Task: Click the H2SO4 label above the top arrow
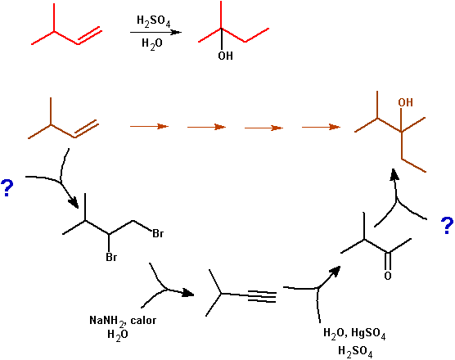click(154, 21)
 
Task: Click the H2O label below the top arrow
click(151, 44)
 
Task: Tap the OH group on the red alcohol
click(226, 56)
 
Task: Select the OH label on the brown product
click(405, 102)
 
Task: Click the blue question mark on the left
click(7, 188)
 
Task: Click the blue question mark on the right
click(447, 225)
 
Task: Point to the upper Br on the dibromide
click(158, 233)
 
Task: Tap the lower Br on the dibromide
click(111, 257)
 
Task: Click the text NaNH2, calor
click(123, 321)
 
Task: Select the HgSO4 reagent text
click(368, 333)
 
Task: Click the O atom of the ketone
click(388, 275)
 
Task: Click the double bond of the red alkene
click(89, 36)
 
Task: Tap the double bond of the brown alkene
click(86, 129)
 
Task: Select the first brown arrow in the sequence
click(149, 126)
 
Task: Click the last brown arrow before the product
click(321, 127)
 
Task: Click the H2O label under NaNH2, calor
click(118, 335)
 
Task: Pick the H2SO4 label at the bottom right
click(355, 351)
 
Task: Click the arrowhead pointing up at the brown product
click(394, 174)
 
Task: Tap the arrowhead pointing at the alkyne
click(188, 293)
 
